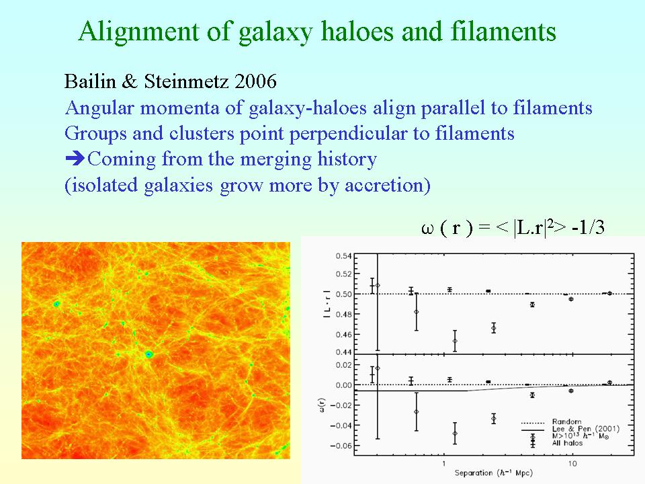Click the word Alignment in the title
click(138, 32)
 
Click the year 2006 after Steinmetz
click(255, 81)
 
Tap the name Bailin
click(90, 81)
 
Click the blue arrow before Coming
click(75, 158)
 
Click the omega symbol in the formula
click(428, 229)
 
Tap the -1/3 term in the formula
click(589, 227)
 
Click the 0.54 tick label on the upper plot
click(343, 256)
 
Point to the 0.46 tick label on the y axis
click(343, 335)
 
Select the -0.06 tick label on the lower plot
click(341, 446)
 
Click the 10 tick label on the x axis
click(572, 464)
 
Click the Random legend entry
click(567, 422)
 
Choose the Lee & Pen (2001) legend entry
click(586, 429)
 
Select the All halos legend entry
click(567, 443)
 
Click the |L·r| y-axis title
click(327, 304)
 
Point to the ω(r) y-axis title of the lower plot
click(322, 405)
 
